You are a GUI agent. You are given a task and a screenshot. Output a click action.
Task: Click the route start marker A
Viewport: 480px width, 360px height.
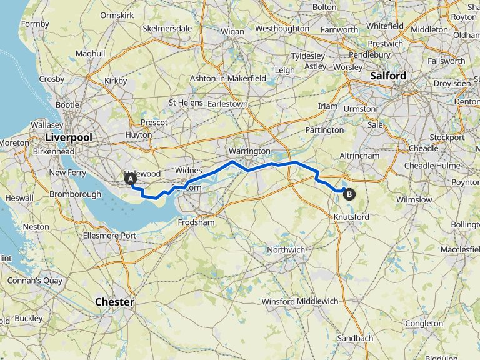point(131,179)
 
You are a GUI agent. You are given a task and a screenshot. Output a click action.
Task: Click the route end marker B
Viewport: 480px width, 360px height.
point(349,194)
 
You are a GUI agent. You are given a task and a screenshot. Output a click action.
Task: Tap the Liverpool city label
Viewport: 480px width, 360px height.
point(69,137)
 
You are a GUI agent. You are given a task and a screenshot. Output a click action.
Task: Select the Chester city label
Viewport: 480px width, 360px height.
point(114,302)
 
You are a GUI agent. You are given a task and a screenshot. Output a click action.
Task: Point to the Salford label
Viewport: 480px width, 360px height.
point(388,76)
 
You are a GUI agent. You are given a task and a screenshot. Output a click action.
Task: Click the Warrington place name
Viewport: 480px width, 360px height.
point(249,151)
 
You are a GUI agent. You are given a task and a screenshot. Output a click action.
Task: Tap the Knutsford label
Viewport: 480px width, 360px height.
point(351,217)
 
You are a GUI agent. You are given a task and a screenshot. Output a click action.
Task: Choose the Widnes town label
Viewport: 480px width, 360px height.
point(187,170)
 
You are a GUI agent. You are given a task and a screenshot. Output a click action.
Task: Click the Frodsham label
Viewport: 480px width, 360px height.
point(196,222)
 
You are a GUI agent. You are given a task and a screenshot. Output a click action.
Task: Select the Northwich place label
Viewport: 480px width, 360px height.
point(286,250)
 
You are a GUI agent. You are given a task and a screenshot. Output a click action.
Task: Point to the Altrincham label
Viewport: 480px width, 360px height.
point(359,155)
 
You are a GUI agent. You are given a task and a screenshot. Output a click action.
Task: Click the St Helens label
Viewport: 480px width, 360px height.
point(186,102)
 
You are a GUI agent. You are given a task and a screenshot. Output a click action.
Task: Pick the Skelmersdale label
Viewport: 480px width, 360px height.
point(167,29)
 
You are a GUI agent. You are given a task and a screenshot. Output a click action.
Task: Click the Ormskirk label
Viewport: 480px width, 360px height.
point(118,14)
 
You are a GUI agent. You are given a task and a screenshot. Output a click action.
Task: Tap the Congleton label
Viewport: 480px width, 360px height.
point(424,324)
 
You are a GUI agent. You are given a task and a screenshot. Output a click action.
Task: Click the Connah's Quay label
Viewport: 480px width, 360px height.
point(35,281)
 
